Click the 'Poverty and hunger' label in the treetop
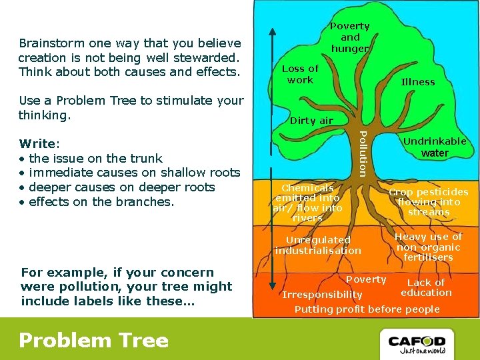click(350, 37)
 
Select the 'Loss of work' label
click(300, 74)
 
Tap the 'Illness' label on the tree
click(418, 82)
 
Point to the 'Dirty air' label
click(311, 121)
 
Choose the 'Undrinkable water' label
click(435, 147)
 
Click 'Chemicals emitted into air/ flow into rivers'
click(308, 203)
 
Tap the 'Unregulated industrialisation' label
click(318, 245)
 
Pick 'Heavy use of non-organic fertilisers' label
click(428, 247)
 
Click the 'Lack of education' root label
click(426, 287)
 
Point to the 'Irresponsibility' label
click(322, 295)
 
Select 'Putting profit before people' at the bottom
click(367, 309)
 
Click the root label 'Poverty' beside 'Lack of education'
click(366, 279)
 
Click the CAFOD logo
click(417, 341)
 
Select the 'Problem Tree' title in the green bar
click(93, 341)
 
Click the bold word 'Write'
click(39, 143)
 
